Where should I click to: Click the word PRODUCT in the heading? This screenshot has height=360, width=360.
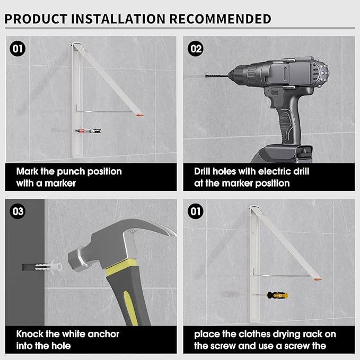36,19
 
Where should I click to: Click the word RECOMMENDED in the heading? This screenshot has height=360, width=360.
221,19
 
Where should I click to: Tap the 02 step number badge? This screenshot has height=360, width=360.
196,49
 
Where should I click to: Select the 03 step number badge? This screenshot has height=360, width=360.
17,211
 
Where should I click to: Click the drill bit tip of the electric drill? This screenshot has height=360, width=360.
206,75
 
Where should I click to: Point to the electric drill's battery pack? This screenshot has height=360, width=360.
282,153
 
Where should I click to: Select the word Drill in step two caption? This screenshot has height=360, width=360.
202,171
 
